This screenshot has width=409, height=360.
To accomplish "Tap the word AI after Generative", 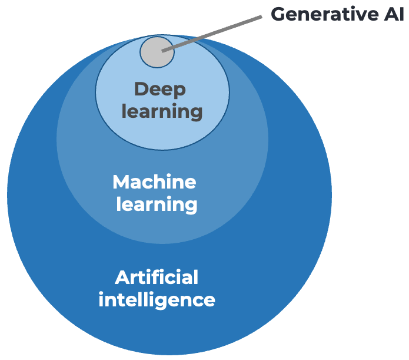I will pyautogui.click(x=393, y=15).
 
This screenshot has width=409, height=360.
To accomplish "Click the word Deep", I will pyautogui.click(x=160, y=90).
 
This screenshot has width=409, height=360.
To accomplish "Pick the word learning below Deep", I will pyautogui.click(x=162, y=111).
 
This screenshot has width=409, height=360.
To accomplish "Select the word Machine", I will pyautogui.click(x=154, y=181).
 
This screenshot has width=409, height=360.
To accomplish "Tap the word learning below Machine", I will pyautogui.click(x=157, y=204).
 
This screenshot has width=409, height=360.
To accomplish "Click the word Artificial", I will pyautogui.click(x=157, y=276).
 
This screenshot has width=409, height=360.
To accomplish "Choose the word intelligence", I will pyautogui.click(x=157, y=299).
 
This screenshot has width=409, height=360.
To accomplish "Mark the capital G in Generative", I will pyautogui.click(x=278, y=15).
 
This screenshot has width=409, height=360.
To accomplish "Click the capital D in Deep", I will pyautogui.click(x=141, y=90).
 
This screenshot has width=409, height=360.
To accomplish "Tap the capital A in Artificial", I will pyautogui.click(x=122, y=276).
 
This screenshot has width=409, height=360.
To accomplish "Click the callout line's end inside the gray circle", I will pyautogui.click(x=164, y=51).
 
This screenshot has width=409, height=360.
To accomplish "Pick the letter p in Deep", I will pyautogui.click(x=179, y=91).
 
